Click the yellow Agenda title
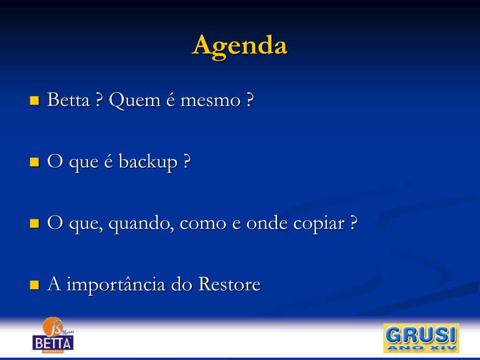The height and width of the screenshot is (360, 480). [x=240, y=46]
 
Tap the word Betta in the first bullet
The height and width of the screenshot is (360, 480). [x=68, y=99]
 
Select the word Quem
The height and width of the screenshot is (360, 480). [x=135, y=100]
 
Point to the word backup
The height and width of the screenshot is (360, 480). [x=148, y=162]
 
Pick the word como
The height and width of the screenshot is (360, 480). [x=203, y=224]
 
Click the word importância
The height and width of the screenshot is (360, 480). [x=116, y=285]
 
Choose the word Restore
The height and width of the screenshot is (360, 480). [x=229, y=284]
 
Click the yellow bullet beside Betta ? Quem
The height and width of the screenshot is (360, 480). [x=35, y=100]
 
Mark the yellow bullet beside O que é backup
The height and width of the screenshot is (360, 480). [x=35, y=162]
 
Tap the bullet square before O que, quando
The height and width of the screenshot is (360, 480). [x=35, y=224]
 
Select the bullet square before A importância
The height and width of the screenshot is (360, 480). [x=35, y=285]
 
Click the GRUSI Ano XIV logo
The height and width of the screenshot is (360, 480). [x=421, y=338]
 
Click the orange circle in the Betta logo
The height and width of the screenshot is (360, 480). [x=52, y=327]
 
